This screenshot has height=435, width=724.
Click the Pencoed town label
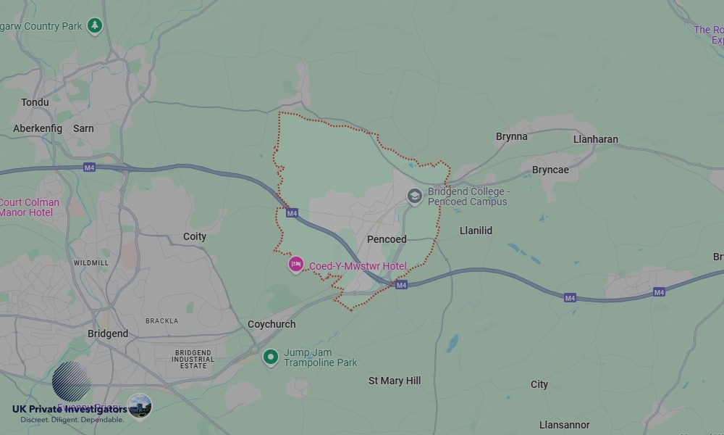click(x=387, y=239)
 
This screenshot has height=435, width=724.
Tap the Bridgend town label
click(x=108, y=333)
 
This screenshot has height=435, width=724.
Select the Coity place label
click(x=195, y=236)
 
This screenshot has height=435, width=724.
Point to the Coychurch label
click(x=271, y=324)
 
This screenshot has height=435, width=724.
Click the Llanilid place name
click(x=476, y=231)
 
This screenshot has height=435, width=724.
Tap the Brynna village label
click(x=512, y=136)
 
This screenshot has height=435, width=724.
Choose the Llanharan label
click(x=596, y=139)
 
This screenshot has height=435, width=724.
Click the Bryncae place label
click(x=550, y=170)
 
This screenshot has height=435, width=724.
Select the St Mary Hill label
click(x=395, y=381)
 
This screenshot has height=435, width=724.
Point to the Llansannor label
click(x=565, y=425)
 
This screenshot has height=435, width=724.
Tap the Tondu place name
click(x=35, y=102)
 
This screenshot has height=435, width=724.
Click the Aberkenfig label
click(x=38, y=128)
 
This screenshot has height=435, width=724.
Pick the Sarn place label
click(x=83, y=128)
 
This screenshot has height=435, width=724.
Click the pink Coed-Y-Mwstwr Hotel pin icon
click(x=295, y=265)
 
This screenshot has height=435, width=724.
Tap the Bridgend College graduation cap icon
click(x=414, y=196)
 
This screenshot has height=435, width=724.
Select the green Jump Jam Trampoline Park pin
click(x=271, y=357)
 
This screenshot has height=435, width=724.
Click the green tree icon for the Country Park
click(x=94, y=26)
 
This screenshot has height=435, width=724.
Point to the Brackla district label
click(x=161, y=320)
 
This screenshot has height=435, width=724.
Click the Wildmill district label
click(x=91, y=262)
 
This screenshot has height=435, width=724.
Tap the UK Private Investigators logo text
click(x=70, y=409)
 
